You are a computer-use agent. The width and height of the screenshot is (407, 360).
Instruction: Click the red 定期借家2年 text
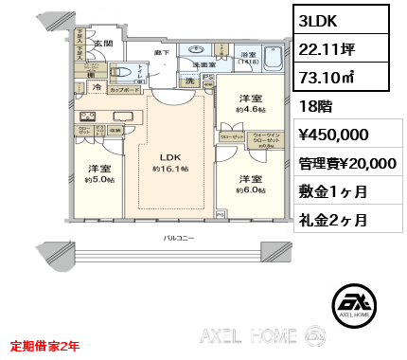click(51, 348)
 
